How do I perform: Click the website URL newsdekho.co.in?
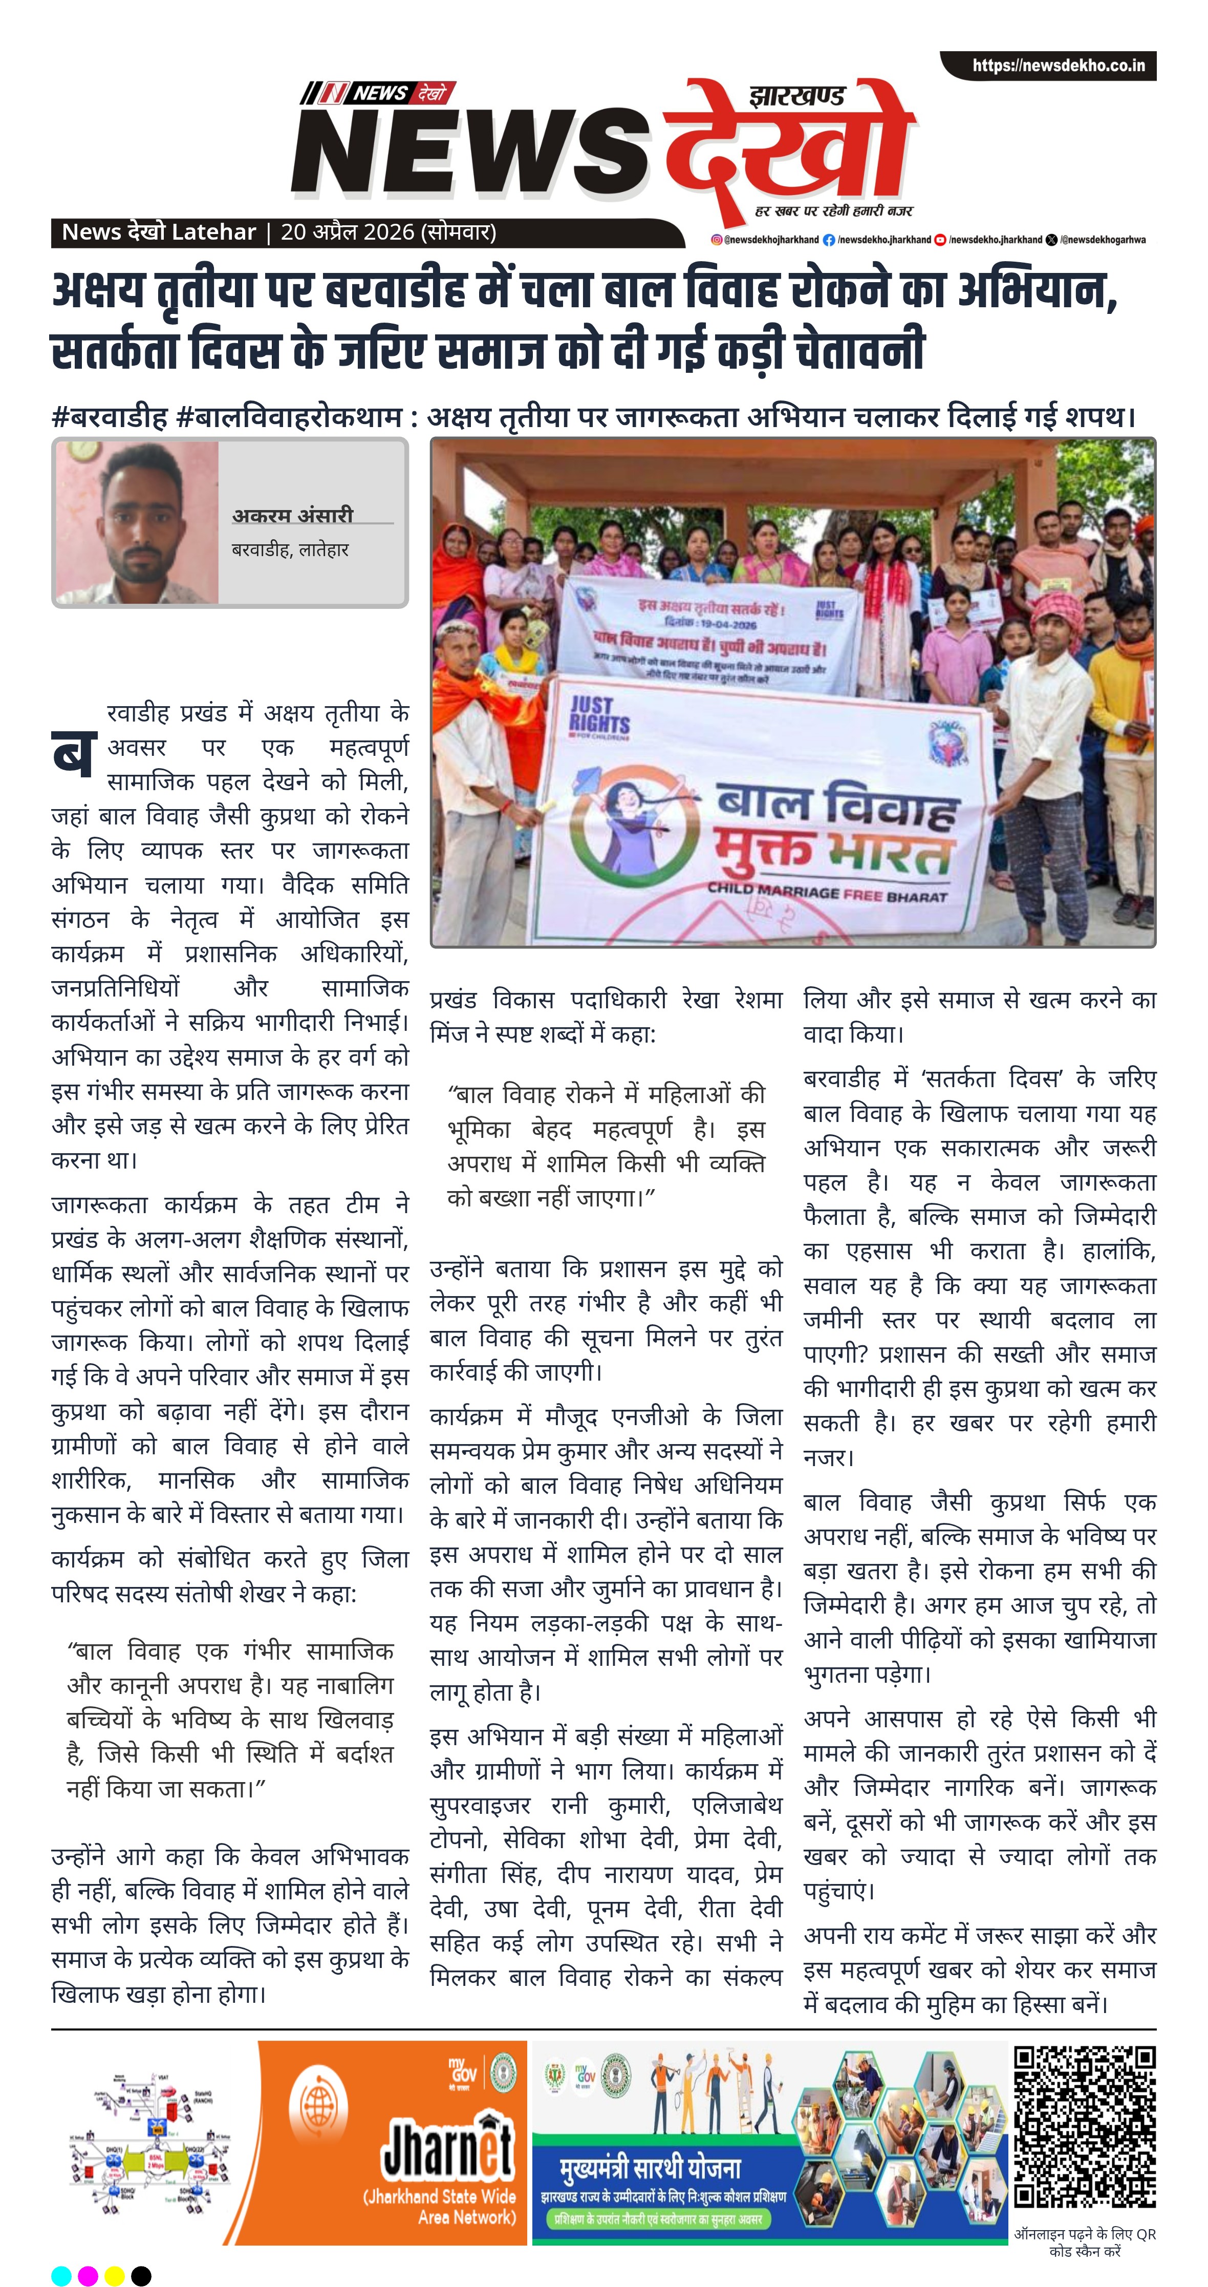coord(1058,66)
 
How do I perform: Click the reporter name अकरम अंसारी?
coord(293,515)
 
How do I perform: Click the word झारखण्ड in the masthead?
coord(797,95)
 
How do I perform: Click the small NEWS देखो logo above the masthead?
coord(377,92)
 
